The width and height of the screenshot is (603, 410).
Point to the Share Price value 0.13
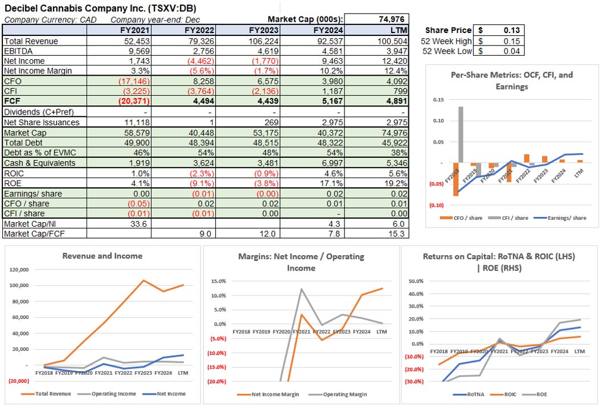coord(510,30)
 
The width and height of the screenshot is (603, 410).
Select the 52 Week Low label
coord(447,51)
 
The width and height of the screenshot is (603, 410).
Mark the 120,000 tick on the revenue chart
coord(20,269)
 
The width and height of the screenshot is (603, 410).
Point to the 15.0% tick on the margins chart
coord(218,281)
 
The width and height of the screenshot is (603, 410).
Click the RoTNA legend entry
coord(472,393)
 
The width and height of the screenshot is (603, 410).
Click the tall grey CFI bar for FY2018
coord(460,134)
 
